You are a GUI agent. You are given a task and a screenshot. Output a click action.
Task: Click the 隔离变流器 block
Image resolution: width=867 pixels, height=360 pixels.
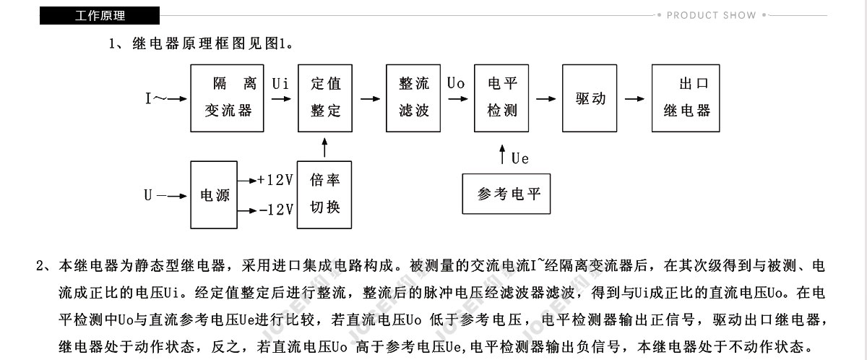[227, 98]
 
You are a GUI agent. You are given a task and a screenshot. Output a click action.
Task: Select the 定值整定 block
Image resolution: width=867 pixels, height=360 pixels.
[325, 98]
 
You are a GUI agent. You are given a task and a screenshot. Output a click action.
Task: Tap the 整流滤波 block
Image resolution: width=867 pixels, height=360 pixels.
[413, 98]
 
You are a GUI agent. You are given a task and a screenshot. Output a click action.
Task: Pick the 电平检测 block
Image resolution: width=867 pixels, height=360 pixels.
[501, 98]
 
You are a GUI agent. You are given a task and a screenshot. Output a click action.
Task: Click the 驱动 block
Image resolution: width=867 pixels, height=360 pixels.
[590, 98]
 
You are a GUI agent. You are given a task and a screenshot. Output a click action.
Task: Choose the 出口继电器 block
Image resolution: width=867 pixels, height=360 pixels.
[686, 98]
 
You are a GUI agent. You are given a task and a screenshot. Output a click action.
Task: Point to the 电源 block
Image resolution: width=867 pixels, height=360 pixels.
[214, 194]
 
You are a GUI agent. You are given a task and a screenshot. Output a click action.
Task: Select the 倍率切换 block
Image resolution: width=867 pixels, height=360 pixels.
[324, 194]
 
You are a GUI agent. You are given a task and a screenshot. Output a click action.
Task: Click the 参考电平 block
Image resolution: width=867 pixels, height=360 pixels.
[506, 194]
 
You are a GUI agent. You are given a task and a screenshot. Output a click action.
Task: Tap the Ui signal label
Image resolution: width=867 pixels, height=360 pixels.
[280, 84]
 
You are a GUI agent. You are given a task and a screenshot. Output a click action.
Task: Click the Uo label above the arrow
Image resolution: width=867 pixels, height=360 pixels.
[456, 83]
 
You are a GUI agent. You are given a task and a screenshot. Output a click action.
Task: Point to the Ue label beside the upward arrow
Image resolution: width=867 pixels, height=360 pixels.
[519, 158]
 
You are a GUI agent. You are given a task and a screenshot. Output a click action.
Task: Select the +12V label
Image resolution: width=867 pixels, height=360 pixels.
[275, 180]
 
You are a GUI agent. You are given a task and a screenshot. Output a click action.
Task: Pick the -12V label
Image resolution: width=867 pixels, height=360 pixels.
[276, 210]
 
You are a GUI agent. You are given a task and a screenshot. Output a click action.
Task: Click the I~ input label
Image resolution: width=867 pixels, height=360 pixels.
[156, 98]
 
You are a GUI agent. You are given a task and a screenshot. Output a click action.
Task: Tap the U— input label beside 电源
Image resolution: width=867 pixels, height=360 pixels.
[155, 195]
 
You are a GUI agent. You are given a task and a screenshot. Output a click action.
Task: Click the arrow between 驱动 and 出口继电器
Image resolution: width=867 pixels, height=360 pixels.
[634, 99]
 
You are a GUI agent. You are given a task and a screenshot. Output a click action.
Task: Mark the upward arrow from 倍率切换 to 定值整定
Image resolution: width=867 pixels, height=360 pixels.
[324, 147]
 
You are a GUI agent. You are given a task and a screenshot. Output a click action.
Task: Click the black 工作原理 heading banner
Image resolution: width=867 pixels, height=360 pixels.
[100, 15]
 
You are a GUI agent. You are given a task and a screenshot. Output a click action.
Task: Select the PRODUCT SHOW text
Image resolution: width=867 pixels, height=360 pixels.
[711, 15]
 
